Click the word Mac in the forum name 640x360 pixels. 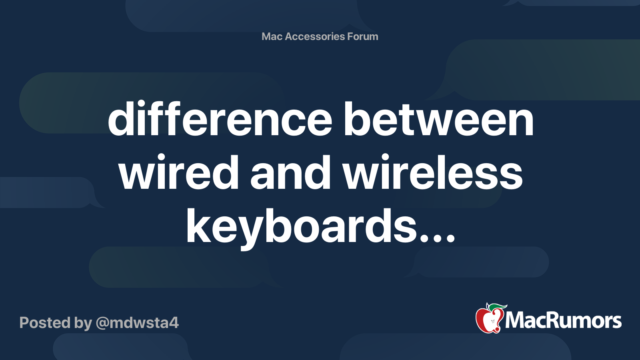click(x=272, y=36)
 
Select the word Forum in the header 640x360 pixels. click(x=362, y=36)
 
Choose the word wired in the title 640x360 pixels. click(x=178, y=173)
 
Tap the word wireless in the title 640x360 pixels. click(x=432, y=173)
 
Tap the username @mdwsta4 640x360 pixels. click(x=137, y=322)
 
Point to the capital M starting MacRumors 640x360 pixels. click(x=515, y=320)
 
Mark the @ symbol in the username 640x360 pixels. click(x=102, y=323)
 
